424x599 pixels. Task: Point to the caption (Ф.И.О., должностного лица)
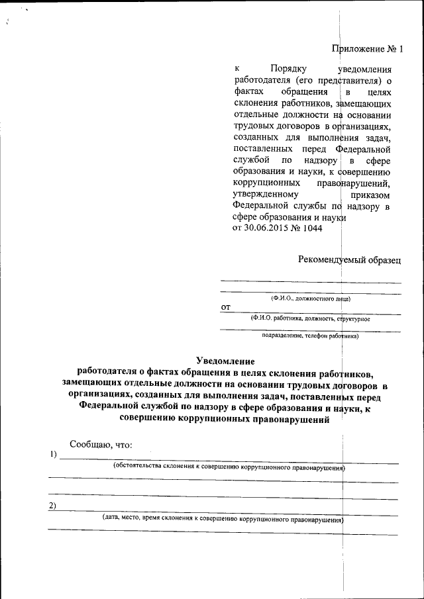click(x=310, y=299)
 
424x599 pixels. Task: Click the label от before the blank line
click(x=225, y=308)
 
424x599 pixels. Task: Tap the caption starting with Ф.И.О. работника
click(x=309, y=318)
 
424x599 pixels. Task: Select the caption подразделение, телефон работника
click(x=309, y=336)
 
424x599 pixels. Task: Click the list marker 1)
click(x=53, y=455)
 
